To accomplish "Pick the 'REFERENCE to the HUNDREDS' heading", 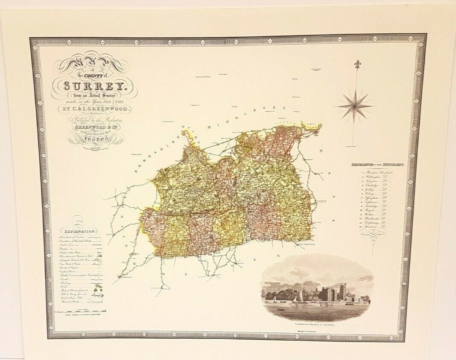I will click(x=378, y=164).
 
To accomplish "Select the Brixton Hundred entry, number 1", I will click(x=376, y=171).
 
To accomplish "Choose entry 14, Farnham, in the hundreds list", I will click(x=376, y=228).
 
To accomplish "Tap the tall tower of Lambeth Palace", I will click(x=342, y=290).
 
